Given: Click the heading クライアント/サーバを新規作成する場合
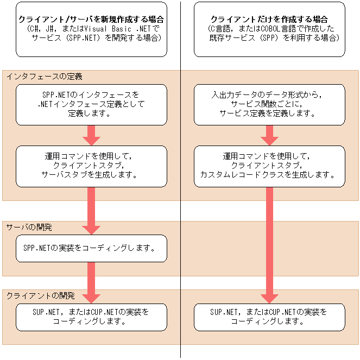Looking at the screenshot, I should pos(91,18).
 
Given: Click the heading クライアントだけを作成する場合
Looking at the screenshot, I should pos(269,19).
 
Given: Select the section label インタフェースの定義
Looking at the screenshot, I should pos(45,77).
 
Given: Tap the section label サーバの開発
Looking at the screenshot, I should pos(29,226).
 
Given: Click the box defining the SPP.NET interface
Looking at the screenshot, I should pos(91,105).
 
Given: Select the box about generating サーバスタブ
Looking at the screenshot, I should pos(91,166).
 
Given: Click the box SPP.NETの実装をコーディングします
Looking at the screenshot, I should pos(91,248).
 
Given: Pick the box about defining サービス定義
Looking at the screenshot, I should pos(269,105).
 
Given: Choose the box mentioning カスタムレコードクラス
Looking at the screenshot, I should pos(269,166).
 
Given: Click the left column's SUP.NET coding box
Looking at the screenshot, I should pos(91,317).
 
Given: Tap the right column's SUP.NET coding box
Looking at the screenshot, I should pos(269,317).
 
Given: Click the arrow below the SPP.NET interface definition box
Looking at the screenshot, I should pos(91,135).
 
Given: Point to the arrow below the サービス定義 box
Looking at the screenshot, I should pos(269,135).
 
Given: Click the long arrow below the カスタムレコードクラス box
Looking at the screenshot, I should pos(269,244).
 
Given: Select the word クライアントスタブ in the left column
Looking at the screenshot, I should pos(91,165).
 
